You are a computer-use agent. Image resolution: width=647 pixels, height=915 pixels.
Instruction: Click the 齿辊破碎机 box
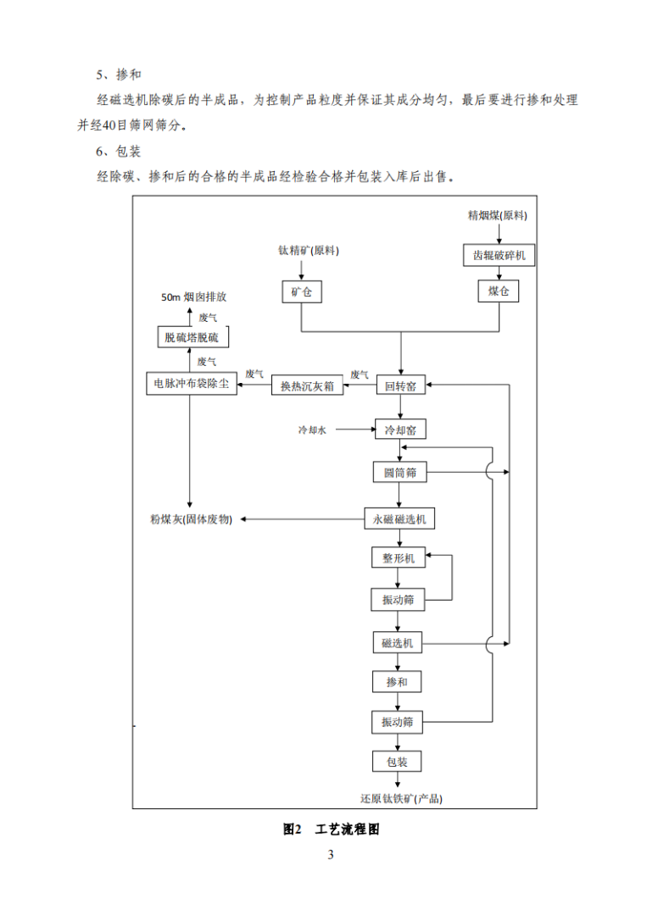click(499, 255)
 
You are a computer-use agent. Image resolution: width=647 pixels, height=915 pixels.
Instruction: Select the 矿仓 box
click(302, 292)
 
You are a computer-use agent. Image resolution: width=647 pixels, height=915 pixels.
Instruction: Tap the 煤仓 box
click(499, 292)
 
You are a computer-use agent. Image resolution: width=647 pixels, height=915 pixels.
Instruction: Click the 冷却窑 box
click(399, 430)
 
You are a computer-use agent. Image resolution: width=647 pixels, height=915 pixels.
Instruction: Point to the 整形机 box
click(398, 557)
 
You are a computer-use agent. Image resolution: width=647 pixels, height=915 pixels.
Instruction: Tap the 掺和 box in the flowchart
click(397, 681)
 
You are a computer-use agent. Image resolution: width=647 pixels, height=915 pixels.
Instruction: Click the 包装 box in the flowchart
click(397, 762)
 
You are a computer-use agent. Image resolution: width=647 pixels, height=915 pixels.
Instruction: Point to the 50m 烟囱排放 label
click(193, 297)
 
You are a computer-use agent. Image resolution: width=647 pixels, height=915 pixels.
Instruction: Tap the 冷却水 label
click(312, 430)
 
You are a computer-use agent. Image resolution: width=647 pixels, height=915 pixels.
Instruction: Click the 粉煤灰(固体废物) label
click(190, 518)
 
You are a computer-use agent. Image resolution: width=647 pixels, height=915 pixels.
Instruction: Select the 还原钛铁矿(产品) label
click(401, 798)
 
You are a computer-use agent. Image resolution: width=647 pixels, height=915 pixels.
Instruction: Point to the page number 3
click(331, 855)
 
